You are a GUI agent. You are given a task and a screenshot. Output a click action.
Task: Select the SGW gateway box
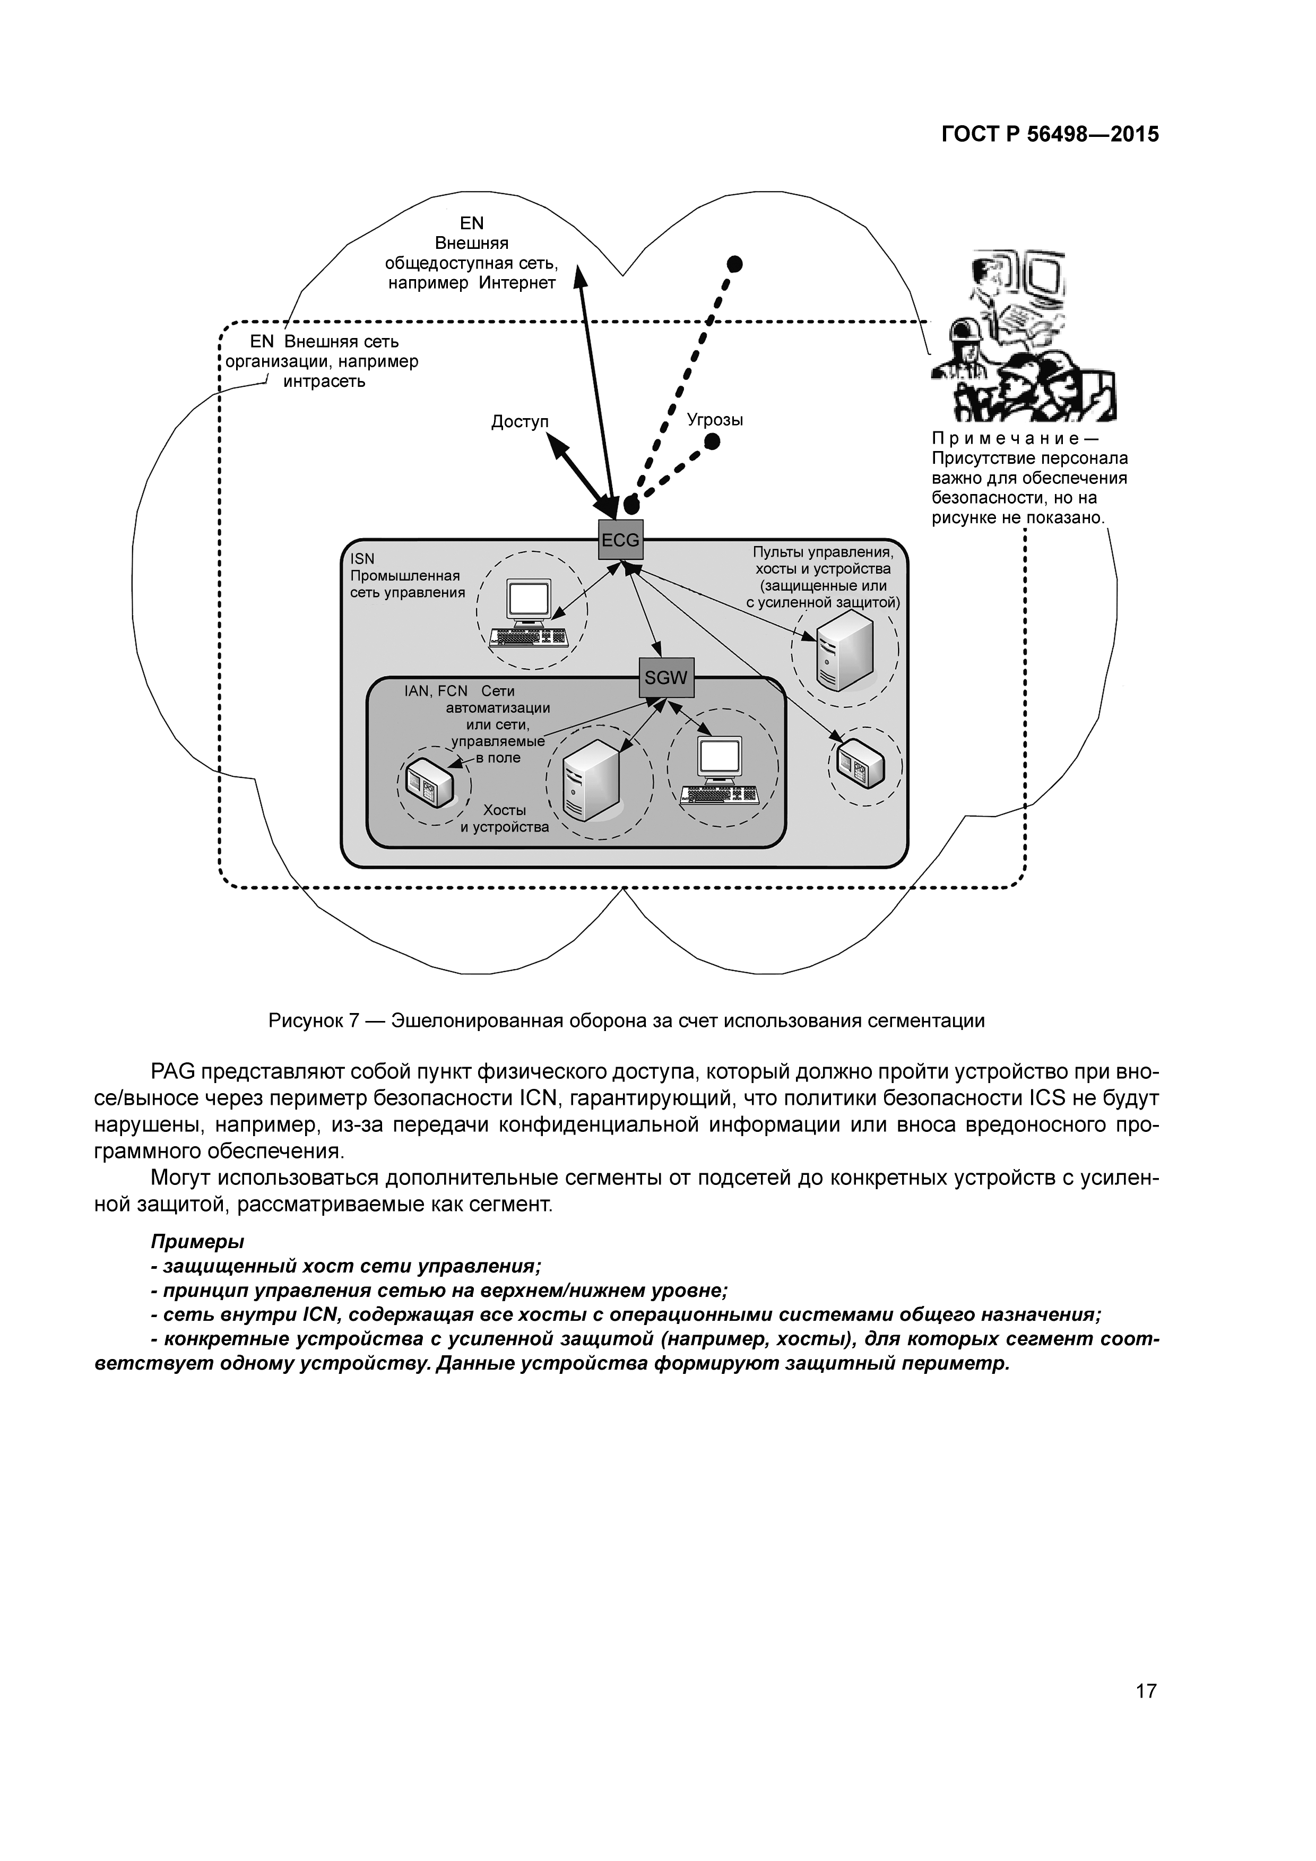point(666,678)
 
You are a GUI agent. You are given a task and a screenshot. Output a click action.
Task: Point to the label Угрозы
point(715,420)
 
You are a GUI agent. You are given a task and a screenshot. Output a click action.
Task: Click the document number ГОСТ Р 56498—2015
point(1050,135)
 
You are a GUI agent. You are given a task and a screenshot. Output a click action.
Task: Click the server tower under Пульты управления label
point(844,650)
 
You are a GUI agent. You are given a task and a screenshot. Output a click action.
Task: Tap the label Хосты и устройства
point(505,819)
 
